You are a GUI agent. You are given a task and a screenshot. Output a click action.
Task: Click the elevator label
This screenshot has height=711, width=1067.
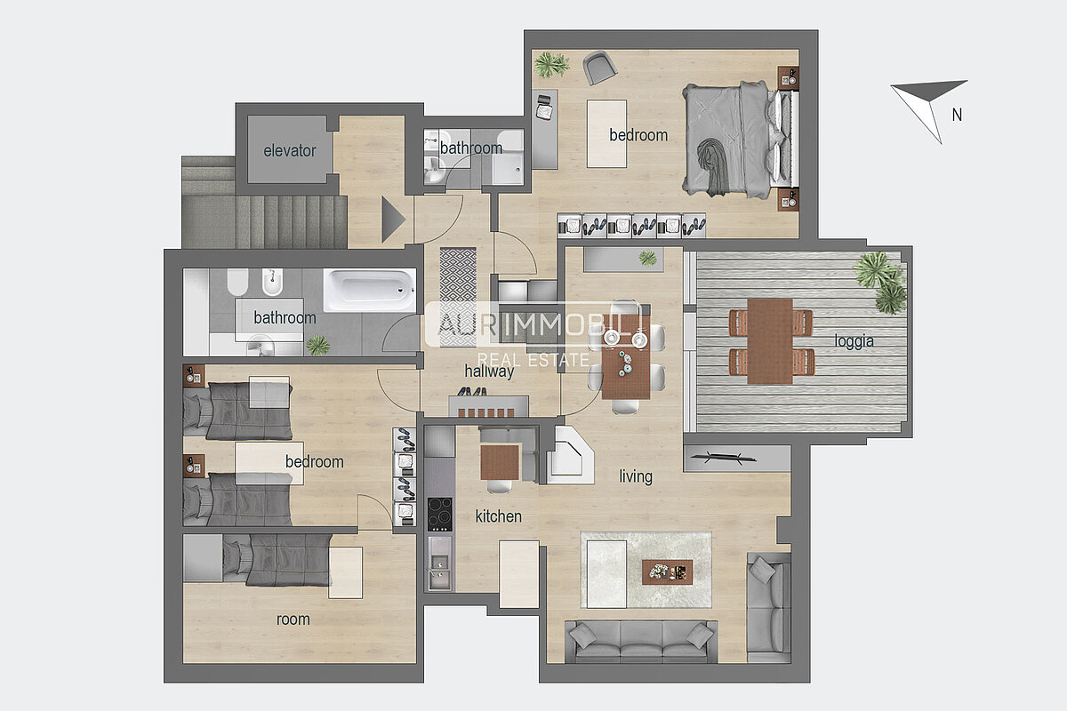290,151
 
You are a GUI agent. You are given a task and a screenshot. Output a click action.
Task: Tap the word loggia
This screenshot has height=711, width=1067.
854,341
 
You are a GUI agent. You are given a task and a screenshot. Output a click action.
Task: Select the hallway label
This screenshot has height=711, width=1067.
489,371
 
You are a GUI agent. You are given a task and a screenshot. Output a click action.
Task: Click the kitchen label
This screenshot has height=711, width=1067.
498,516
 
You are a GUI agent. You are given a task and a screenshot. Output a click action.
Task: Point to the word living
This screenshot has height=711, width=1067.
636,476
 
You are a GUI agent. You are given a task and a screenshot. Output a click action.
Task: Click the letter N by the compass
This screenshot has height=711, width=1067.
957,115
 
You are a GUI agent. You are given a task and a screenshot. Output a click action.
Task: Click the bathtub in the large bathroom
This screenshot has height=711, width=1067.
369,290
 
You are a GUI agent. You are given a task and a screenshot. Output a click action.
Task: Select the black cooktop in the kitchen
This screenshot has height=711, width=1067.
439,514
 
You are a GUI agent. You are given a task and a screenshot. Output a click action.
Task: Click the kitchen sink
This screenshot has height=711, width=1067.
439,563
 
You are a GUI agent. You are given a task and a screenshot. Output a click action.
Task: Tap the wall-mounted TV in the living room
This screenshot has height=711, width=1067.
724,458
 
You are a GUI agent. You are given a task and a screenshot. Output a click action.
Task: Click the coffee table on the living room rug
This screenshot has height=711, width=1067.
667,572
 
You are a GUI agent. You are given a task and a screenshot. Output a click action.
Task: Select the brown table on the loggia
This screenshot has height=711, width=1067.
770,341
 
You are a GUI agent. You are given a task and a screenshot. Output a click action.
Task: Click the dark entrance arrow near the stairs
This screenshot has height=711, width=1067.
393,220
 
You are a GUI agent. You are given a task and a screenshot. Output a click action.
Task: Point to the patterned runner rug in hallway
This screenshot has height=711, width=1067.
458,297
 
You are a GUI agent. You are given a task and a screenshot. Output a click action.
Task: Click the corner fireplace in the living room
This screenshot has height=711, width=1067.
570,456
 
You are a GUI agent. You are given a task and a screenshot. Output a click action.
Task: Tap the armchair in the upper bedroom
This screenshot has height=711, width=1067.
599,68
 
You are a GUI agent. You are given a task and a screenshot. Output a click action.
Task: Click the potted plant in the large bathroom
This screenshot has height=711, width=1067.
317,345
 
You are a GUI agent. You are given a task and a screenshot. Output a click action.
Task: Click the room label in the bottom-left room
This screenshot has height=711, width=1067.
293,619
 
